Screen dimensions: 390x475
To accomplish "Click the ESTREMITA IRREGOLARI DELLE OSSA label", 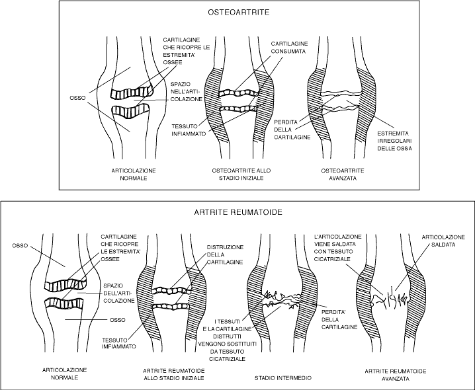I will (395, 141).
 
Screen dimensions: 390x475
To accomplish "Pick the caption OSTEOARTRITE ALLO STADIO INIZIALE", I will (236, 175).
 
